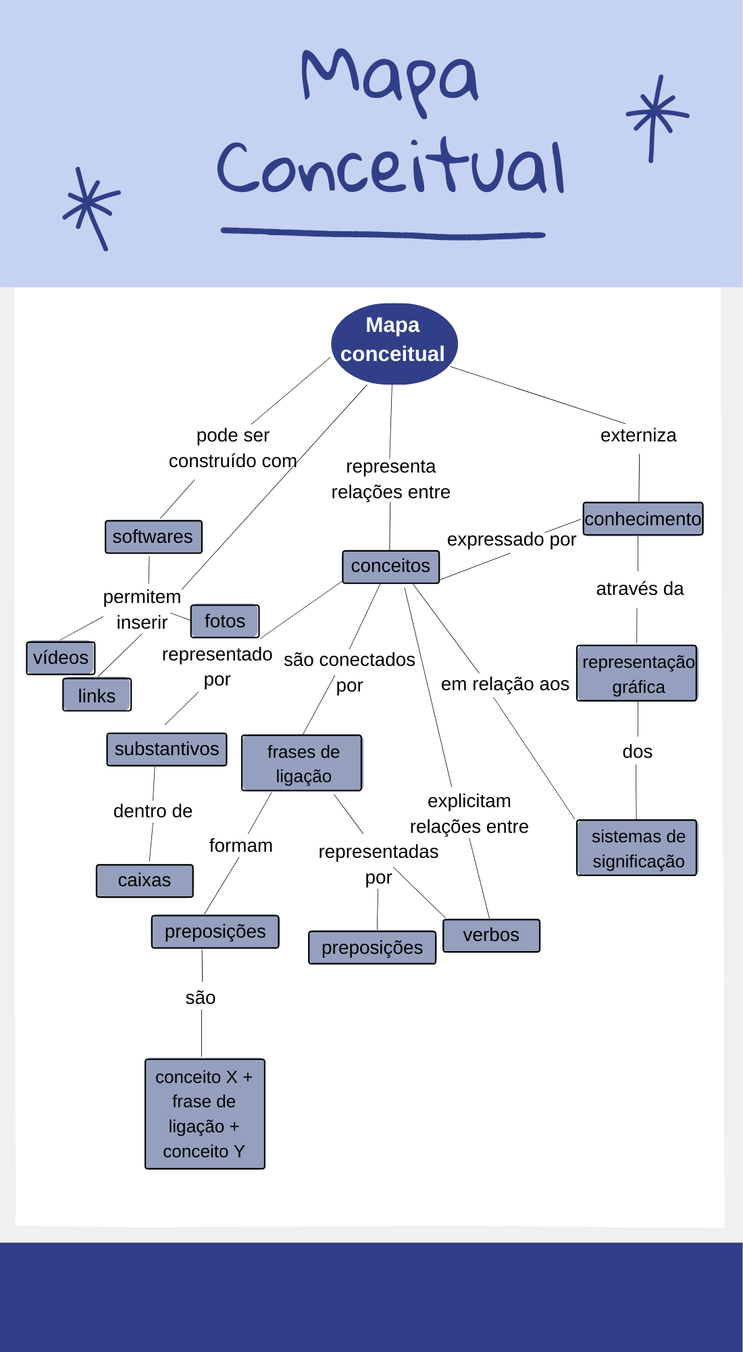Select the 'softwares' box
[x=153, y=537]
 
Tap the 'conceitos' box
[x=390, y=566]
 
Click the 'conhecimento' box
[x=642, y=519]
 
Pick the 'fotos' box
[x=224, y=621]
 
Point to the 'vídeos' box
[x=61, y=658]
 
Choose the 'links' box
[x=97, y=695]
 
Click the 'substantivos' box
[x=166, y=749]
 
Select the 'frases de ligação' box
[x=302, y=763]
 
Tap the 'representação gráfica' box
[x=637, y=673]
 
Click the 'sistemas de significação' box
[x=637, y=848]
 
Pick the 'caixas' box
[x=145, y=881]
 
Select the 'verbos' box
[x=491, y=936]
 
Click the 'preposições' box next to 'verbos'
[x=372, y=948]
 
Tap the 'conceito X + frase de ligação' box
[x=205, y=1113]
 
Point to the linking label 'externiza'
[x=638, y=435]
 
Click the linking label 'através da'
[x=640, y=589]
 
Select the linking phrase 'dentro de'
[x=153, y=811]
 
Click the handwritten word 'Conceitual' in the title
[x=390, y=168]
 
